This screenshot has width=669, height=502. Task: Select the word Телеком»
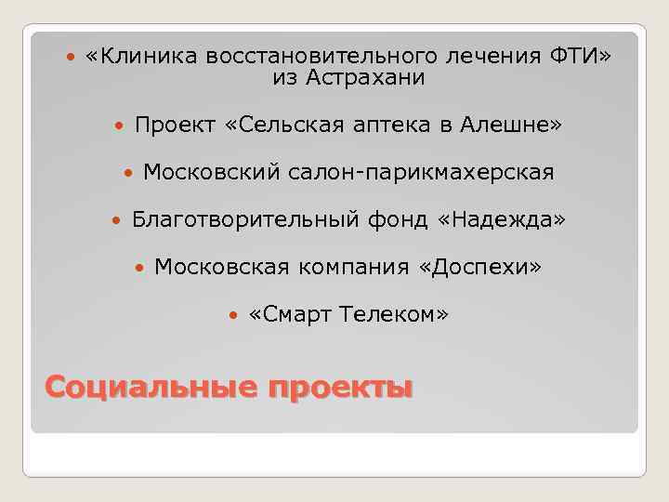tap(394, 315)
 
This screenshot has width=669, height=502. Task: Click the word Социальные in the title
tap(149, 385)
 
